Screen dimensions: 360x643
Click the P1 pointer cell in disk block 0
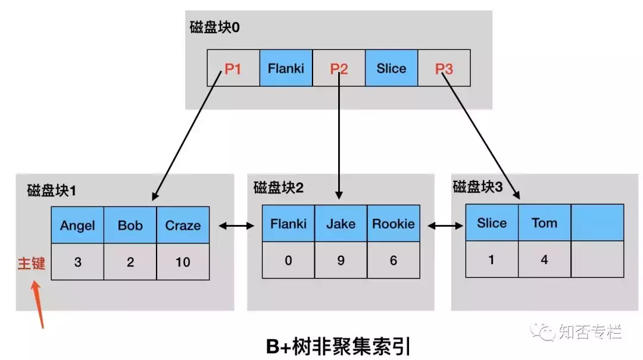pos(233,68)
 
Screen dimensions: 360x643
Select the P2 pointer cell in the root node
pos(339,68)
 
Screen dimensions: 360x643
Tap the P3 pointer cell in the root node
pos(444,68)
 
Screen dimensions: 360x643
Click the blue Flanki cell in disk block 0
pos(286,68)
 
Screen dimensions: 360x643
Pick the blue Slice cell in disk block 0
pos(391,68)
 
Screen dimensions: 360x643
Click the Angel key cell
pos(77,226)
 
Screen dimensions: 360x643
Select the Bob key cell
pos(130,226)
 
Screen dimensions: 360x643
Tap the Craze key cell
pos(183,226)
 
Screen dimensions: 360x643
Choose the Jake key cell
pos(341,224)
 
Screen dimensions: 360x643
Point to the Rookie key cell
pos(393,224)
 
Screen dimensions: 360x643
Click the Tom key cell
pos(544,223)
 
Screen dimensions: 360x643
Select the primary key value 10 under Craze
pos(183,262)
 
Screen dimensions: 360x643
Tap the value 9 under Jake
pos(341,260)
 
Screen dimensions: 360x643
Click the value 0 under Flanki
pos(289,260)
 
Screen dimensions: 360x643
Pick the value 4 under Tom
pos(544,259)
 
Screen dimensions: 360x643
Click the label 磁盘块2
pos(279,189)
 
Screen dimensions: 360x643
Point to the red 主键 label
pos(31,263)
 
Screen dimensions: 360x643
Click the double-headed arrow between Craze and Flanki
pos(236,226)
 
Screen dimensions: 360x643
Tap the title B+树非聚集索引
pos(338,346)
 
